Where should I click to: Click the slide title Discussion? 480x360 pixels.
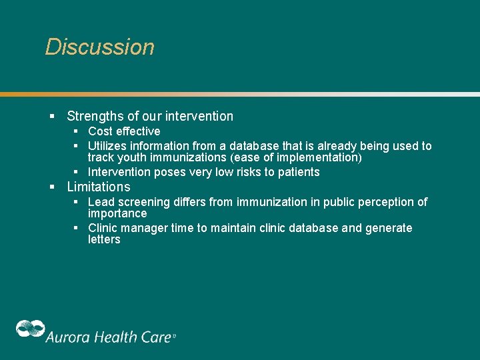point(99,47)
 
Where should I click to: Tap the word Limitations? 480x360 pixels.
point(99,187)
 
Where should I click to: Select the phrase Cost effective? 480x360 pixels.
point(124,131)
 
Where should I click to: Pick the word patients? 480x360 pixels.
point(298,172)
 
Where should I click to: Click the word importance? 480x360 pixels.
point(117,214)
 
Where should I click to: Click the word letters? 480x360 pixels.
point(104,240)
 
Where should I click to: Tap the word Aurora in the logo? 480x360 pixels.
point(67,337)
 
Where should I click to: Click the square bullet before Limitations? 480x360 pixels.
point(52,187)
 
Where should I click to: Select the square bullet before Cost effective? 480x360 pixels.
point(77,131)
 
